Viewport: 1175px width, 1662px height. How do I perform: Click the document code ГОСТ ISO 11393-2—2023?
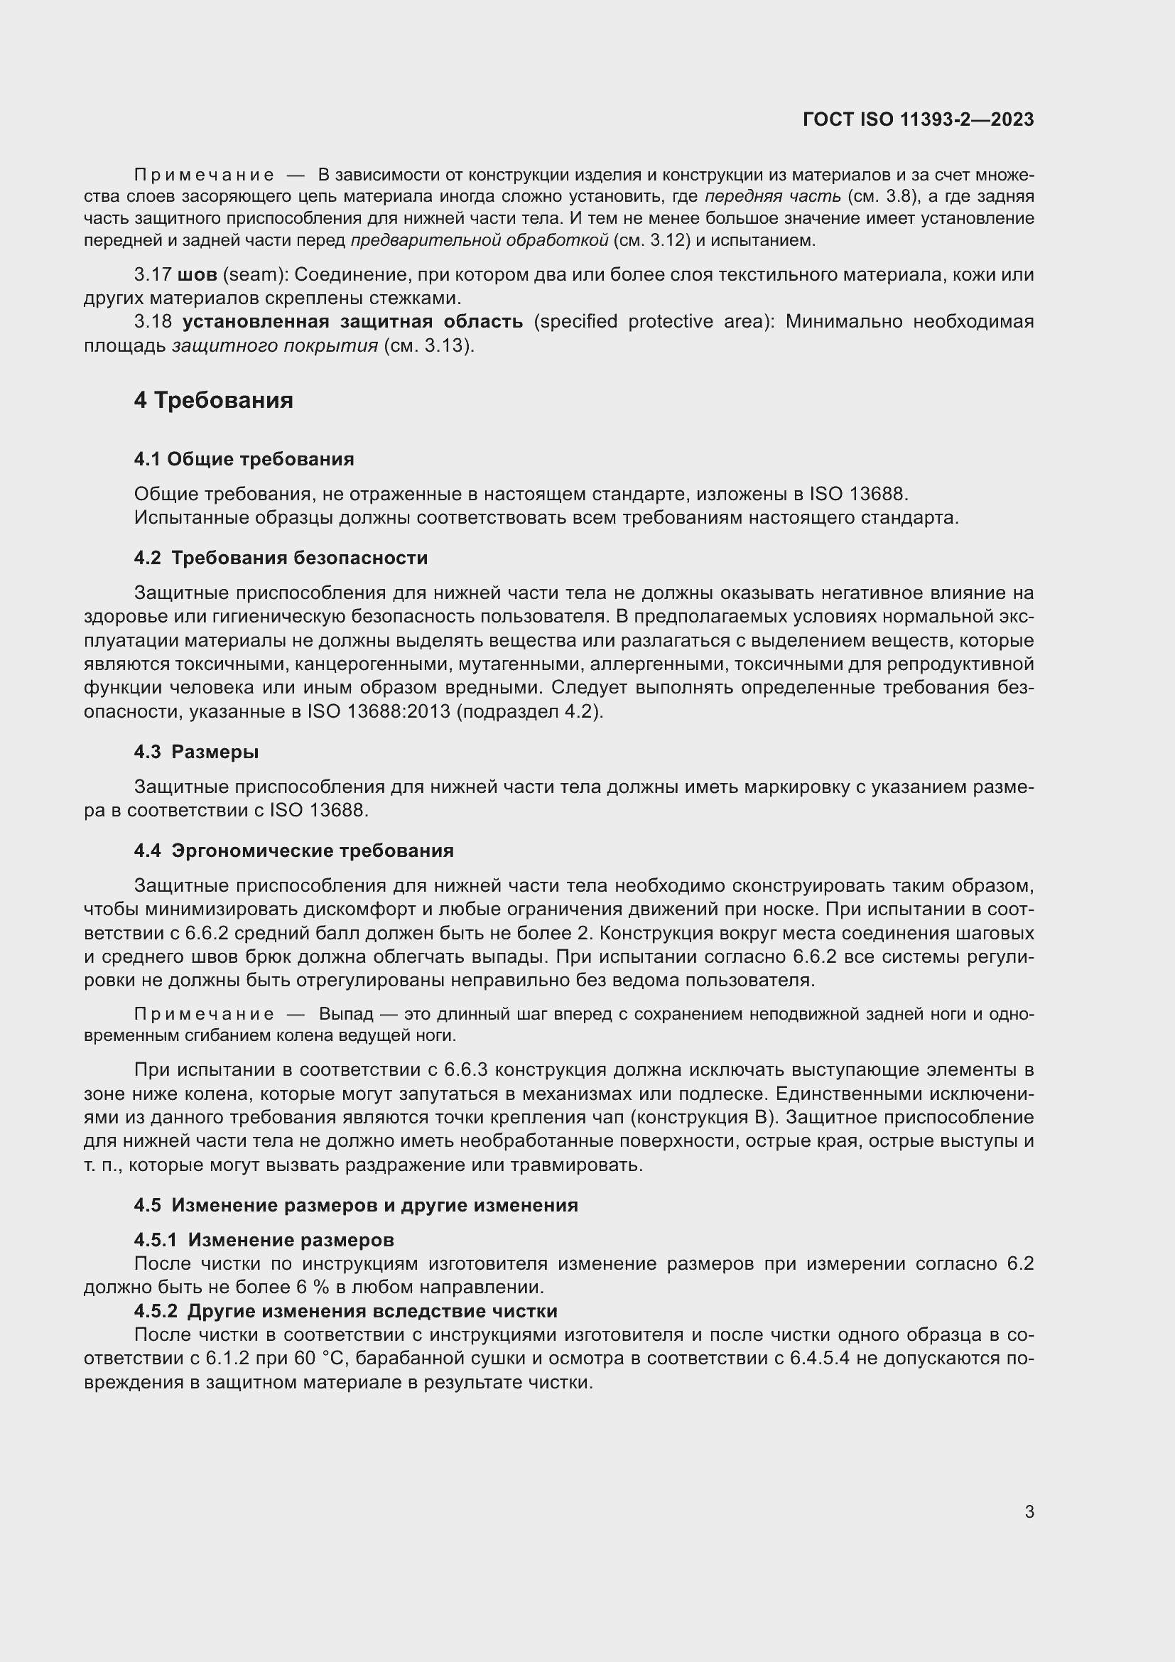pos(918,119)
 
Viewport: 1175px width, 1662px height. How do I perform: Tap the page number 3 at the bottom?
pos(1029,1512)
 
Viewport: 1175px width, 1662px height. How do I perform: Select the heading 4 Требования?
pos(213,400)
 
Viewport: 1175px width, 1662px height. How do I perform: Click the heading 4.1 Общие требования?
pos(244,459)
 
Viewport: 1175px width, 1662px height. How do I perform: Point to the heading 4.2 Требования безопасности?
pos(281,558)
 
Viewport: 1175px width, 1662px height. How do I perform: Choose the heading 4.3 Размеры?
pos(196,752)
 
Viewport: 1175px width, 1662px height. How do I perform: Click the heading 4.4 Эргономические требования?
pos(294,851)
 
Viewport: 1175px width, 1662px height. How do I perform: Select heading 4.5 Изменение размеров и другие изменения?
pos(356,1205)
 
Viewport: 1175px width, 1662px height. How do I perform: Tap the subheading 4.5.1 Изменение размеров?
pos(264,1240)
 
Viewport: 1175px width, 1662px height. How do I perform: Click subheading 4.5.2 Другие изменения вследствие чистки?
pos(346,1311)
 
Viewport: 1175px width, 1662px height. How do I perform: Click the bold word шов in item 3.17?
pos(197,275)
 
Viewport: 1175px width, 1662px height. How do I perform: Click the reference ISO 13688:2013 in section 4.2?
pos(381,711)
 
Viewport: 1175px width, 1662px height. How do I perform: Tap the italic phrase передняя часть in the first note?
pos(773,196)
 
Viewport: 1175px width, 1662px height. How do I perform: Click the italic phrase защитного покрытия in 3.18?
pos(275,345)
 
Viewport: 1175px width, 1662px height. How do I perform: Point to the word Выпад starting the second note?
pos(346,1014)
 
